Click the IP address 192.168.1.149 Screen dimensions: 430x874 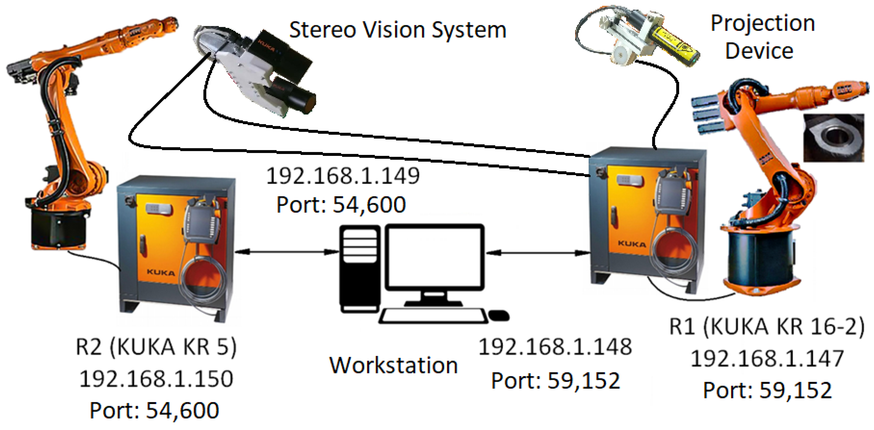pos(343,176)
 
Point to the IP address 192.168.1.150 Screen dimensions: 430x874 pos(156,379)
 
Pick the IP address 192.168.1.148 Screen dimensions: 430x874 pos(555,347)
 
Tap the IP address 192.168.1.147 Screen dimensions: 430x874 pos(767,359)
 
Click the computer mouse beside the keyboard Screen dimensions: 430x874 pos(498,315)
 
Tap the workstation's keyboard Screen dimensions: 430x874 pos(433,316)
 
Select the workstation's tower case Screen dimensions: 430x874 pos(360,268)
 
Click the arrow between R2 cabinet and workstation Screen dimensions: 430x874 pos(287,252)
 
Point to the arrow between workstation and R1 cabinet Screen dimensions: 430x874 pos(538,253)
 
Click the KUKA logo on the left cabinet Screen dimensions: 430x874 pos(161,272)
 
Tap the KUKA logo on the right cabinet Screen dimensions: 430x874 pos(632,244)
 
